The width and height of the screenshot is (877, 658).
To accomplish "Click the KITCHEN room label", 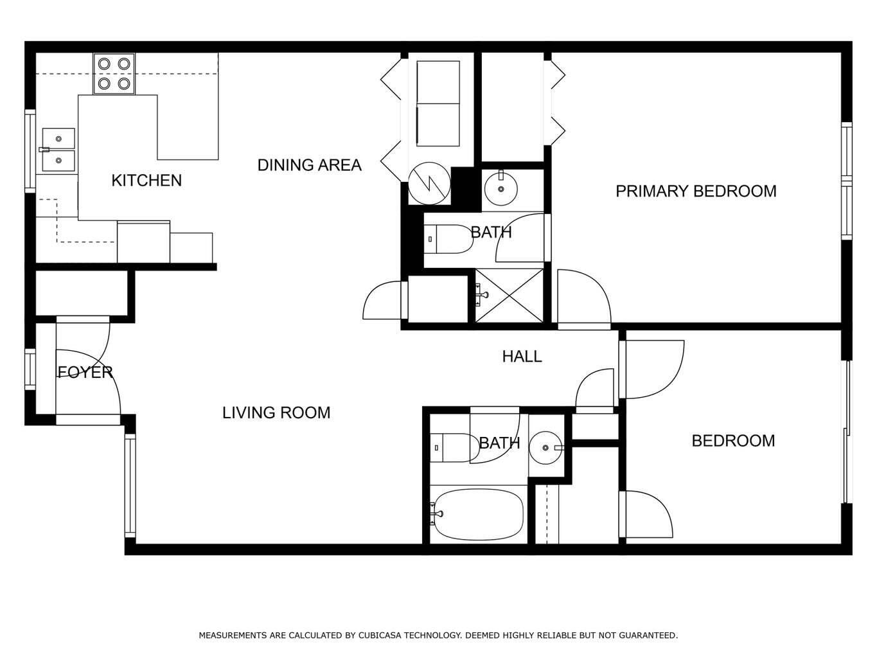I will [x=146, y=181].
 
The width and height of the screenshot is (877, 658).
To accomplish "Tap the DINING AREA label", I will [x=309, y=165].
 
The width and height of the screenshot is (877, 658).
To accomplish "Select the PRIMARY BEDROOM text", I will [x=696, y=191].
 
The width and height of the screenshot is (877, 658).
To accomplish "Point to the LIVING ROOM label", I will [x=276, y=413].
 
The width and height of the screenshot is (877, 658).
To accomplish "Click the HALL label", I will [x=522, y=356].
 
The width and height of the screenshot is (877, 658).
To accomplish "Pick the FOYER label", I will [x=85, y=372].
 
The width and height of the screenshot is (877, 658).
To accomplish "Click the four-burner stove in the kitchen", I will [x=114, y=74].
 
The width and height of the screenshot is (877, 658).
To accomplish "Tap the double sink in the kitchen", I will [x=58, y=149].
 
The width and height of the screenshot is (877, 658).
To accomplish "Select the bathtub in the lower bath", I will [x=479, y=514].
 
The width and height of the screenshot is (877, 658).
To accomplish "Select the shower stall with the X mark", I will [x=509, y=296].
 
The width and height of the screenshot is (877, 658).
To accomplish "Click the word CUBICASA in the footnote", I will [x=371, y=636].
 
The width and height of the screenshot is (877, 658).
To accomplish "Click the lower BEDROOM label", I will [x=733, y=441].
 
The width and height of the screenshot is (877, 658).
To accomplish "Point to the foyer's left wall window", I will [x=30, y=369].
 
